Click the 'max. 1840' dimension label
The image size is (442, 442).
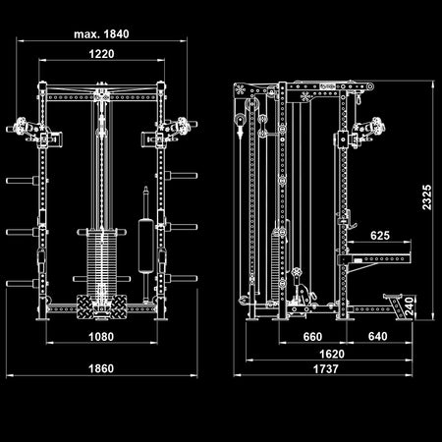click(x=101, y=33)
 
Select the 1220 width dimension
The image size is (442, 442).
click(x=101, y=55)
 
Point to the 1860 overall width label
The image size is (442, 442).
click(x=101, y=369)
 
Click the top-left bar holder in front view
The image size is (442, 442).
click(x=22, y=129)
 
